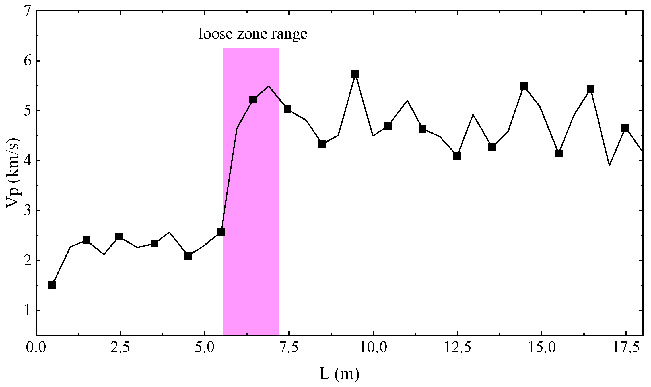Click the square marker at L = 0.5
52,285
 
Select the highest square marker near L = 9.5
355,74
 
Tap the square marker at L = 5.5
221,232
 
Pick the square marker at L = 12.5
457,156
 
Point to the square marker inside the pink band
253,100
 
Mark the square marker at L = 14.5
524,86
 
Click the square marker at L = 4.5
188,256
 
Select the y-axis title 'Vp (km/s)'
13,173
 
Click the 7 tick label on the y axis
27,11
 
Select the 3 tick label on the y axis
27,211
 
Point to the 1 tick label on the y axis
27,310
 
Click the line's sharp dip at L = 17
609,165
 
